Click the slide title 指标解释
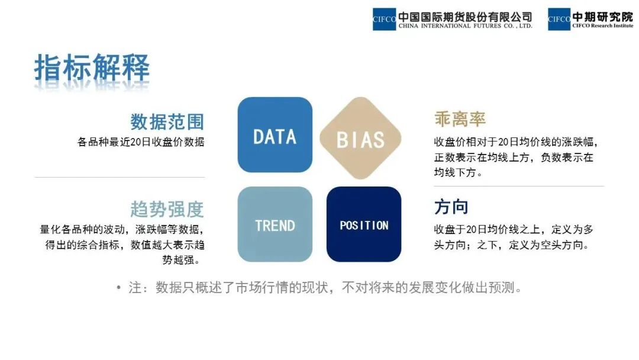click(x=92, y=68)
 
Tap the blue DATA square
click(x=275, y=135)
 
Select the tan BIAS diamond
click(x=360, y=139)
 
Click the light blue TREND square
click(x=275, y=224)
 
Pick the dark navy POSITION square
click(x=364, y=224)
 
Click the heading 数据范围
click(x=167, y=121)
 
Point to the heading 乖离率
click(x=460, y=119)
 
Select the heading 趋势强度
click(x=167, y=209)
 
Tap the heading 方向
click(x=451, y=207)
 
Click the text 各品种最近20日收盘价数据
click(x=141, y=142)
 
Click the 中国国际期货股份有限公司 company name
click(x=465, y=16)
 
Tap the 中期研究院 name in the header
click(x=602, y=16)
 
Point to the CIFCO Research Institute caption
click(x=602, y=26)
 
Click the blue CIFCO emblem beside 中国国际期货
click(x=384, y=19)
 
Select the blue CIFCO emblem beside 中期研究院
click(x=559, y=19)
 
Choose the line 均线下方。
click(x=459, y=173)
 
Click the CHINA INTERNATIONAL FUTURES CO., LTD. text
click(x=465, y=26)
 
